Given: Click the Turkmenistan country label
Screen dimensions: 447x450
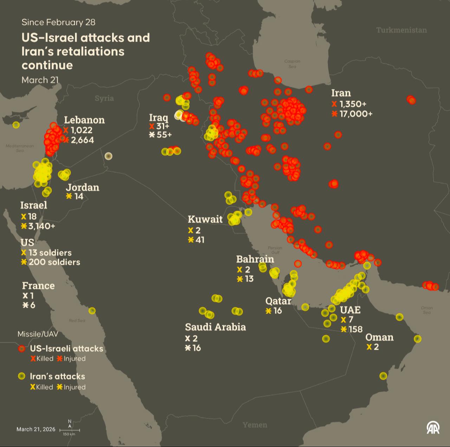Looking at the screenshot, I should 401,30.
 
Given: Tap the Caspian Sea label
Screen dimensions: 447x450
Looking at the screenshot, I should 292,64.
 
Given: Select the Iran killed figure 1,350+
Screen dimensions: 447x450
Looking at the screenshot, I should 353,104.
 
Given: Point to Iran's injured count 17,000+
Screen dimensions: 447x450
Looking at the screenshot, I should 356,114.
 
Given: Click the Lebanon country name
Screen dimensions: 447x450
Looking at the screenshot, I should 84,120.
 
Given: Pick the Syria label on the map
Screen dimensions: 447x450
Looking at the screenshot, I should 104,98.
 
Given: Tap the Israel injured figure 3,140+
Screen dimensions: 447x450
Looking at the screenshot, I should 41,226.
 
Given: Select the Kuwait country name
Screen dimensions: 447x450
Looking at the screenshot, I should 205,219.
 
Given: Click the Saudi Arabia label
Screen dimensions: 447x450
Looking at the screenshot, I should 215,327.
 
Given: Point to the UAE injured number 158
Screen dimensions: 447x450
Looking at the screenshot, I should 355,329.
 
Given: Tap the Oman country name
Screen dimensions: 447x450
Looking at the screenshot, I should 379,337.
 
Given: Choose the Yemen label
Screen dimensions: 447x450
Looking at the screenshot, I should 255,425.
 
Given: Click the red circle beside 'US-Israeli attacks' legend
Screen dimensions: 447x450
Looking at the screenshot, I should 22,348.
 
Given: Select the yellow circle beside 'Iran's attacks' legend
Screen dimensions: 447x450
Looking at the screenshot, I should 22,376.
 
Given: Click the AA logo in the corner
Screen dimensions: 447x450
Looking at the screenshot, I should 433,427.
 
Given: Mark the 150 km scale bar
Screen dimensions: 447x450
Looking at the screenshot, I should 70,430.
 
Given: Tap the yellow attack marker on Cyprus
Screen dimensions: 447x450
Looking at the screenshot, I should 16,125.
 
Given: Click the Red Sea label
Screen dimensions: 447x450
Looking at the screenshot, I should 77,320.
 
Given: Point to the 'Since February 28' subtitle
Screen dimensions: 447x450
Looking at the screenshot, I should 58,22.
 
